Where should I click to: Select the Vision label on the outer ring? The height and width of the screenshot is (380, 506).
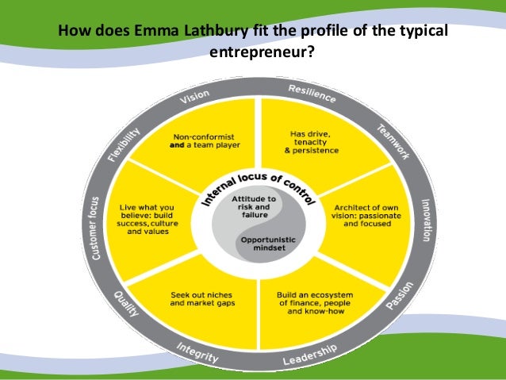[194, 98]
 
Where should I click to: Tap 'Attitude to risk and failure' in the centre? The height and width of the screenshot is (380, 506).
[254, 203]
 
